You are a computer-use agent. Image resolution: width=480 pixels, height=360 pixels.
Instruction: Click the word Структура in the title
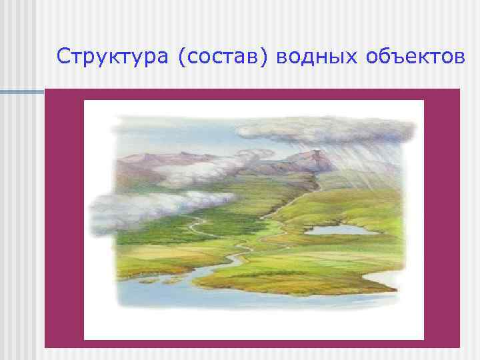[113, 58]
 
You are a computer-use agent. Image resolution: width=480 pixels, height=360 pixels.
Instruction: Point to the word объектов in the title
[415, 59]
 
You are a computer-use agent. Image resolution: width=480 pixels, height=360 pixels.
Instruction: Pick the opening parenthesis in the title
[181, 59]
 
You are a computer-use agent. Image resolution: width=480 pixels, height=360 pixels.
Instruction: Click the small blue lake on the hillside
[336, 230]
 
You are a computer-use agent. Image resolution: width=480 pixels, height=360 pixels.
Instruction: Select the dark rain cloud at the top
[333, 130]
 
